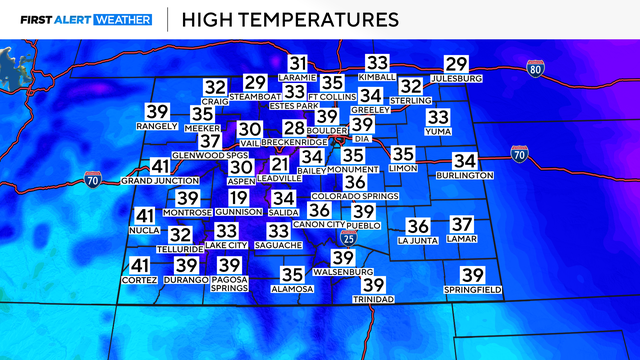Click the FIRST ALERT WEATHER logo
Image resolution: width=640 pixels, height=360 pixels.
coord(80,19)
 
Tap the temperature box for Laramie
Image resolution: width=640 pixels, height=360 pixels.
coord(298,62)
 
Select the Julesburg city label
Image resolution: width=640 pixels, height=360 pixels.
coord(456,77)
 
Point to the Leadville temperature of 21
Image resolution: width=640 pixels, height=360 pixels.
coord(280,164)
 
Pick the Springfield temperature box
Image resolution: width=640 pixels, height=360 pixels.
coord(472,275)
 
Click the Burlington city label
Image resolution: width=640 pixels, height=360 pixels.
coord(464,175)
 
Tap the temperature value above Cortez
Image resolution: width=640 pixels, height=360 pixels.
coord(141,265)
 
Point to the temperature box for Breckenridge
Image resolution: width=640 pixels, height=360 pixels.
coord(293,128)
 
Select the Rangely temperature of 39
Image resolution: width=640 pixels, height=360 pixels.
coord(157,111)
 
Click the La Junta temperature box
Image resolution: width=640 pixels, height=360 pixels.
coord(418,227)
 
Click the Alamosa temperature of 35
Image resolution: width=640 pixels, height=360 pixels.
coord(293,274)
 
